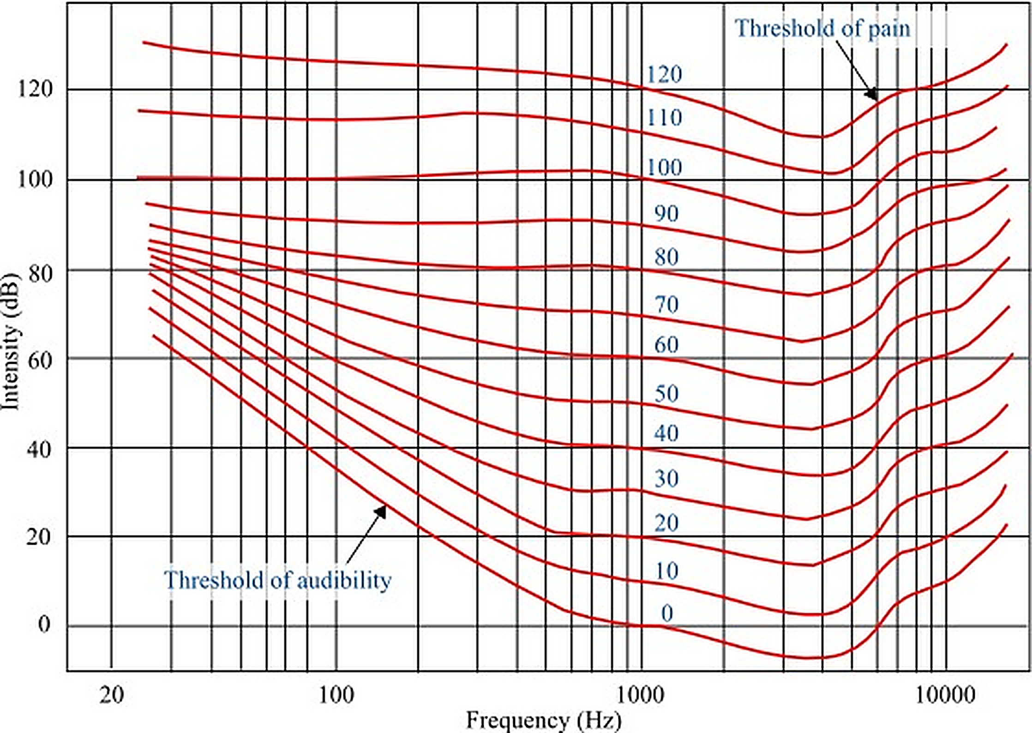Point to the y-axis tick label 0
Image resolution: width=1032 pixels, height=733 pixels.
pos(44,624)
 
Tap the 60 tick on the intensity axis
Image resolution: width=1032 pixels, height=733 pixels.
pos(40,360)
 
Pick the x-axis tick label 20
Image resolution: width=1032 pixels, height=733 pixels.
pos(111,695)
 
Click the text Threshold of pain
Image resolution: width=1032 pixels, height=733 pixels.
pos(822,29)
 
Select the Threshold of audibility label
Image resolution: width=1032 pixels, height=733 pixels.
pos(278,580)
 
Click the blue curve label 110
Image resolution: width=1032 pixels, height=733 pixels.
pos(664,118)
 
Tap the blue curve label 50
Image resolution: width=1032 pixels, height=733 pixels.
pos(666,394)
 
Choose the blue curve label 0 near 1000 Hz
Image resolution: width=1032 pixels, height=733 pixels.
pos(667,613)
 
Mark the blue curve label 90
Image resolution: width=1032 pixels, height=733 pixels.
pos(666,213)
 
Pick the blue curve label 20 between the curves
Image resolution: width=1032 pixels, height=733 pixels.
pos(666,523)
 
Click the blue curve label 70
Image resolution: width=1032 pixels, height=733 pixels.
pos(666,305)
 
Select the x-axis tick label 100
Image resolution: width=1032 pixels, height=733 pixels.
pos(336,695)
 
